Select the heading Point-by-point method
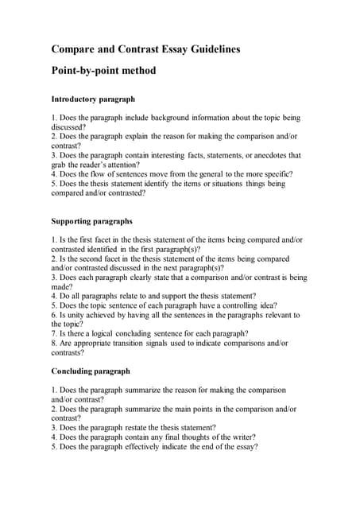pyautogui.click(x=103, y=71)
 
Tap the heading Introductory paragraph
pyautogui.click(x=93, y=99)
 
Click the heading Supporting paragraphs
pyautogui.click(x=91, y=221)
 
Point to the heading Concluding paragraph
pyautogui.click(x=91, y=371)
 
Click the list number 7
pyautogui.click(x=53, y=334)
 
